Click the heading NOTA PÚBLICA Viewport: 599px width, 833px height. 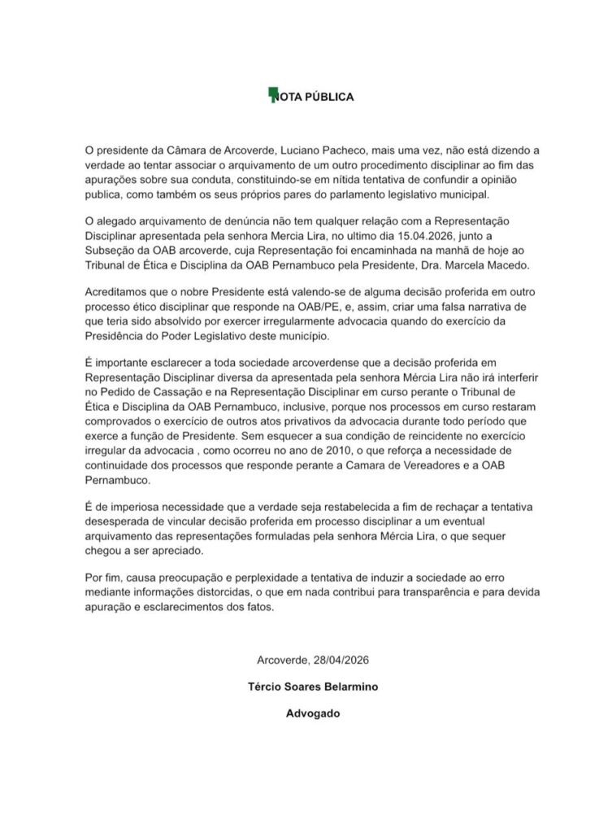pos(313,97)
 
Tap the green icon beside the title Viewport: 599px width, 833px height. pos(272,94)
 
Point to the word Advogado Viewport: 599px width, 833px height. pos(311,715)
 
